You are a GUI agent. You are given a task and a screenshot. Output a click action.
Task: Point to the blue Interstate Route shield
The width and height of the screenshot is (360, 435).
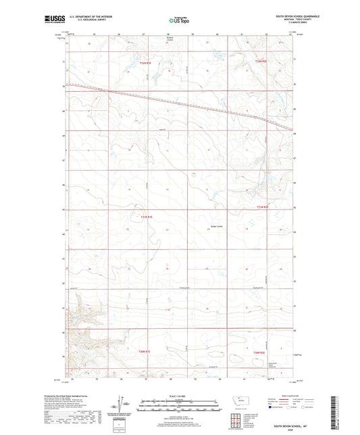(272, 408)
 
